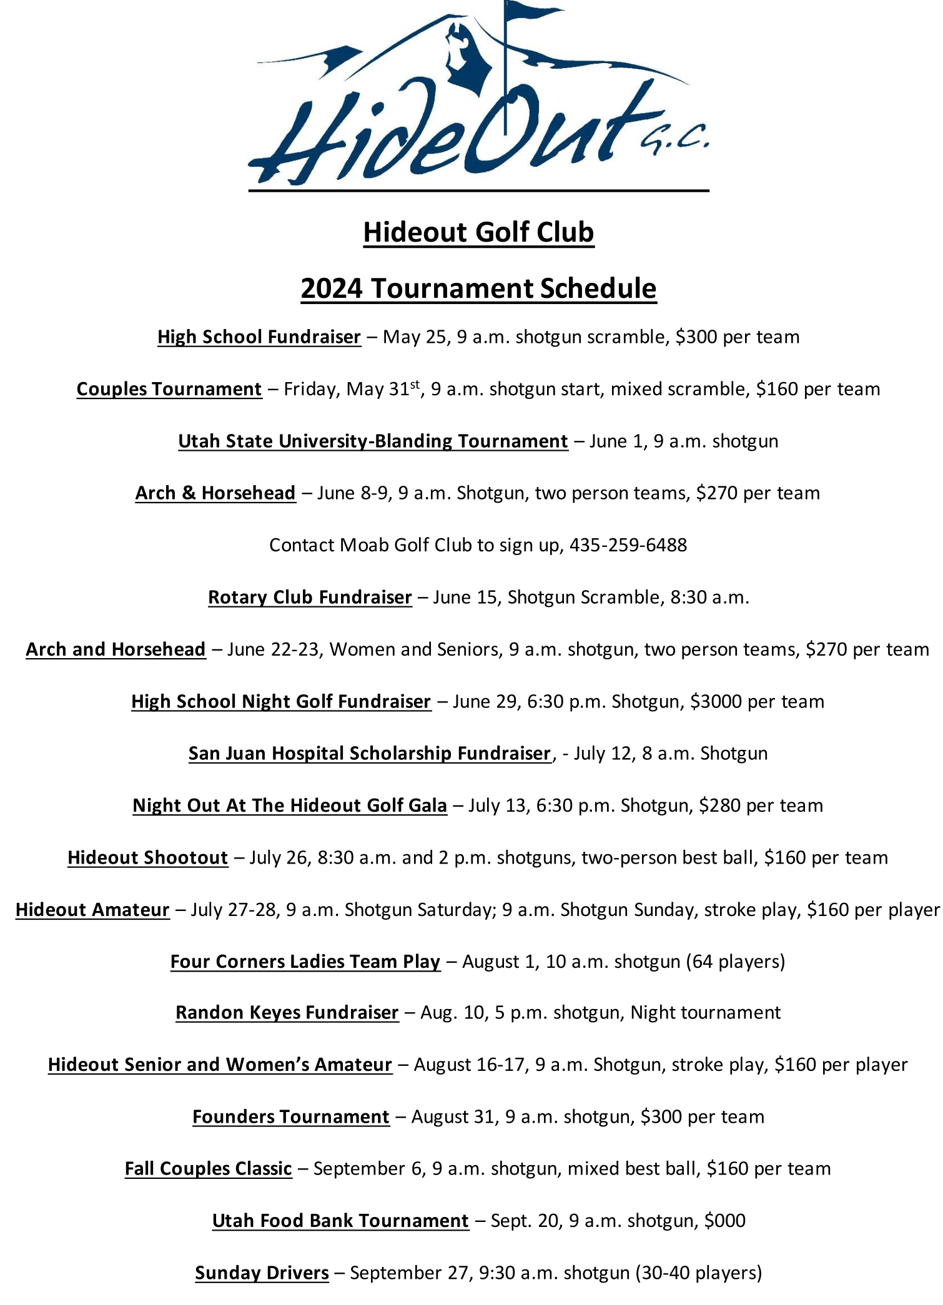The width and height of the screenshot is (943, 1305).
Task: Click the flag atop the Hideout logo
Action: (531, 12)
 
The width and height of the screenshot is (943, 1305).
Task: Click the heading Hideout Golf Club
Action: (478, 232)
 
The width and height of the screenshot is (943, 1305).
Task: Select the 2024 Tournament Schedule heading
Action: (478, 288)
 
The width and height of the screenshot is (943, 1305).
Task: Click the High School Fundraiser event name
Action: (259, 337)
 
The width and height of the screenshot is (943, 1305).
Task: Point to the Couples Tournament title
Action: (169, 389)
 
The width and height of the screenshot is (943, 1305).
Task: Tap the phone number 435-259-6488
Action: (628, 545)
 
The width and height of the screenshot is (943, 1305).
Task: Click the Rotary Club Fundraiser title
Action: (310, 598)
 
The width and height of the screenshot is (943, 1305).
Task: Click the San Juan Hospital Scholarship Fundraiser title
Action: (370, 754)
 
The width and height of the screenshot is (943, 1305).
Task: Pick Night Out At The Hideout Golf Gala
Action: (290, 805)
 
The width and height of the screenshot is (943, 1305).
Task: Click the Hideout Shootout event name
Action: (148, 858)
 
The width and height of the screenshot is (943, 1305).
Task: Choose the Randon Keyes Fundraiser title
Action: (287, 1013)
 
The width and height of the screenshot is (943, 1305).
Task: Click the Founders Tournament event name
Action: (291, 1117)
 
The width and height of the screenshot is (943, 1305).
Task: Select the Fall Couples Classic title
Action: (209, 1169)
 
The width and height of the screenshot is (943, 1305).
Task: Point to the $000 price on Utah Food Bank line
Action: (724, 1221)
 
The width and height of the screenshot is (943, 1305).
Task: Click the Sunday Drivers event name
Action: (262, 1273)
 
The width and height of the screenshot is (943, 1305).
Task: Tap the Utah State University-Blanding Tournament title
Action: (373, 441)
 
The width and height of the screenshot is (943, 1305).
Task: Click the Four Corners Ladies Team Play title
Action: (305, 962)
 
